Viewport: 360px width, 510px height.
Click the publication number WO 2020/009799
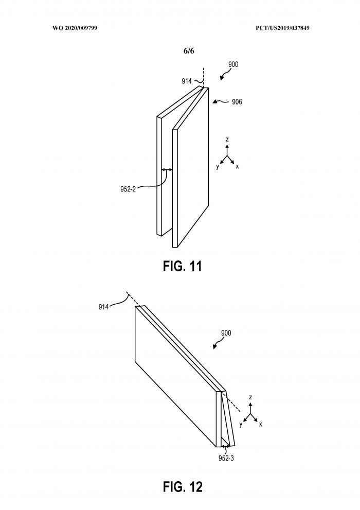[75, 28]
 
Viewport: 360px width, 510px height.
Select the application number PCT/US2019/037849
[282, 28]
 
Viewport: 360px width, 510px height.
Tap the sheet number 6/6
[189, 51]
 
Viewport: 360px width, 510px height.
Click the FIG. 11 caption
[182, 266]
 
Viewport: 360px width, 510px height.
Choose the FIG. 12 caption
[183, 486]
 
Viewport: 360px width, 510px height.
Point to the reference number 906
[237, 102]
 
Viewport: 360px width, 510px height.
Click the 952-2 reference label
[128, 189]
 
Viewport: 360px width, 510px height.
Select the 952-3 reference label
[226, 459]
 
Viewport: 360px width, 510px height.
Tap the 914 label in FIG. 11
[187, 81]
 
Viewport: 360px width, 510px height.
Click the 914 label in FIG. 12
[104, 307]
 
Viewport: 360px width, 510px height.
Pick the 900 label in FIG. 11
[233, 64]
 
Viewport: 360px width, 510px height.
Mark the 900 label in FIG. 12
[226, 333]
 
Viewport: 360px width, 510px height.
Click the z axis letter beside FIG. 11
[227, 139]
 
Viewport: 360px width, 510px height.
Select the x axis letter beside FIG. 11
[238, 166]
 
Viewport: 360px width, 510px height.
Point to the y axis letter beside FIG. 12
[241, 425]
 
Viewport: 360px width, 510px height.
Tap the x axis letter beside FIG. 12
[261, 424]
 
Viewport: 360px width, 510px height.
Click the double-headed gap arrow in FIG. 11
[167, 169]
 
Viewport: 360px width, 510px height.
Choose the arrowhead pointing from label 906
[215, 102]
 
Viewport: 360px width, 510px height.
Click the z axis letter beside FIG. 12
[250, 397]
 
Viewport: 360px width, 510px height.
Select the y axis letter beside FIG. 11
[218, 167]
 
